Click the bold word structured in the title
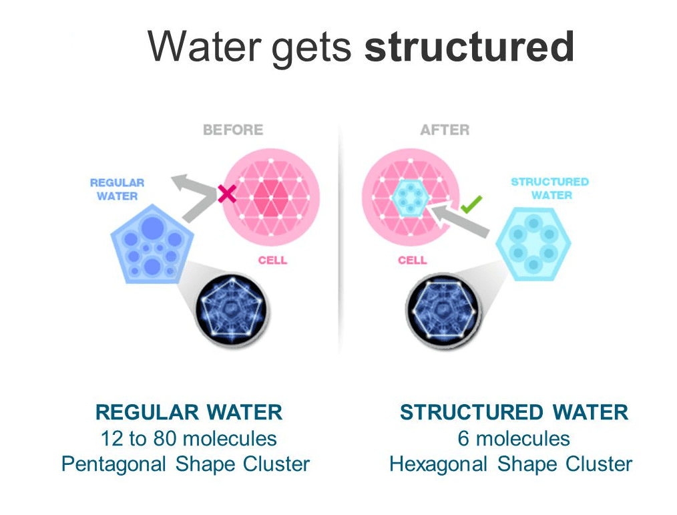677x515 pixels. click(470, 46)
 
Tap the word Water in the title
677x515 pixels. click(204, 46)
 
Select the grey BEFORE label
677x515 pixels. click(233, 130)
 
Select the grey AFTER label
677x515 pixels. click(445, 130)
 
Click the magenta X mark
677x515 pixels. click(227, 194)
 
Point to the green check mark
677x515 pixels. click(471, 204)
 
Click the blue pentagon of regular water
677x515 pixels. click(152, 244)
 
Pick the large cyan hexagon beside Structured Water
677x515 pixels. click(533, 244)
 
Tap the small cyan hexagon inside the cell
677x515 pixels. click(410, 198)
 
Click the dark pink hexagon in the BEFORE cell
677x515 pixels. click(271, 198)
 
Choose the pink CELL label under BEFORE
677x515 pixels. click(272, 260)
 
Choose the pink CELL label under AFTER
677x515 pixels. click(413, 260)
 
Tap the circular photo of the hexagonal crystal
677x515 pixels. click(443, 310)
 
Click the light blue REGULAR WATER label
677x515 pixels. click(117, 190)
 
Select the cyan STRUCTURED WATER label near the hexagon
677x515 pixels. click(551, 188)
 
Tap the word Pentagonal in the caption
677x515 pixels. click(114, 465)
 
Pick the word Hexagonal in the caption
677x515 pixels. click(438, 465)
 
